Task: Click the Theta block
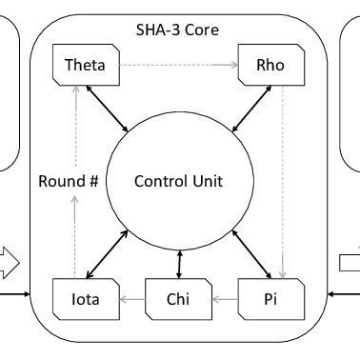85,67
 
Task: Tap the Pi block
271,301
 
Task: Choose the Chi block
178,301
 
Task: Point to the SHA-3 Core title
178,30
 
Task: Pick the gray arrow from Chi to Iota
131,301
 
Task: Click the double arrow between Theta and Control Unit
107,107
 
